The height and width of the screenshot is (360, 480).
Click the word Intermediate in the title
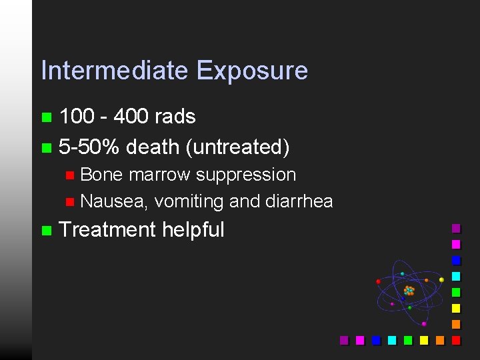(115, 71)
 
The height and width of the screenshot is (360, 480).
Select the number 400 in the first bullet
(131, 117)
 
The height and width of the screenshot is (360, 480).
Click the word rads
(175, 117)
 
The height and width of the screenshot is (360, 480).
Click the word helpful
(193, 230)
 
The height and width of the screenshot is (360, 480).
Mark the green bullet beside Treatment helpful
(45, 231)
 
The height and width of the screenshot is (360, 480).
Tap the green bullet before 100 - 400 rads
(45, 117)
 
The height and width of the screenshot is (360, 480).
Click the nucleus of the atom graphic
(409, 291)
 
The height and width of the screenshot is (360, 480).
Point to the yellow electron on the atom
(441, 279)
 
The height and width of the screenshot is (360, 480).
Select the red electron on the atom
(379, 282)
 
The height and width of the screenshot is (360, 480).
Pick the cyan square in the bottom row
(392, 340)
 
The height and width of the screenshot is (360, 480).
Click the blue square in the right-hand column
(456, 260)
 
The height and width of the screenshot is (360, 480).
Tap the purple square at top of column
(456, 228)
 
